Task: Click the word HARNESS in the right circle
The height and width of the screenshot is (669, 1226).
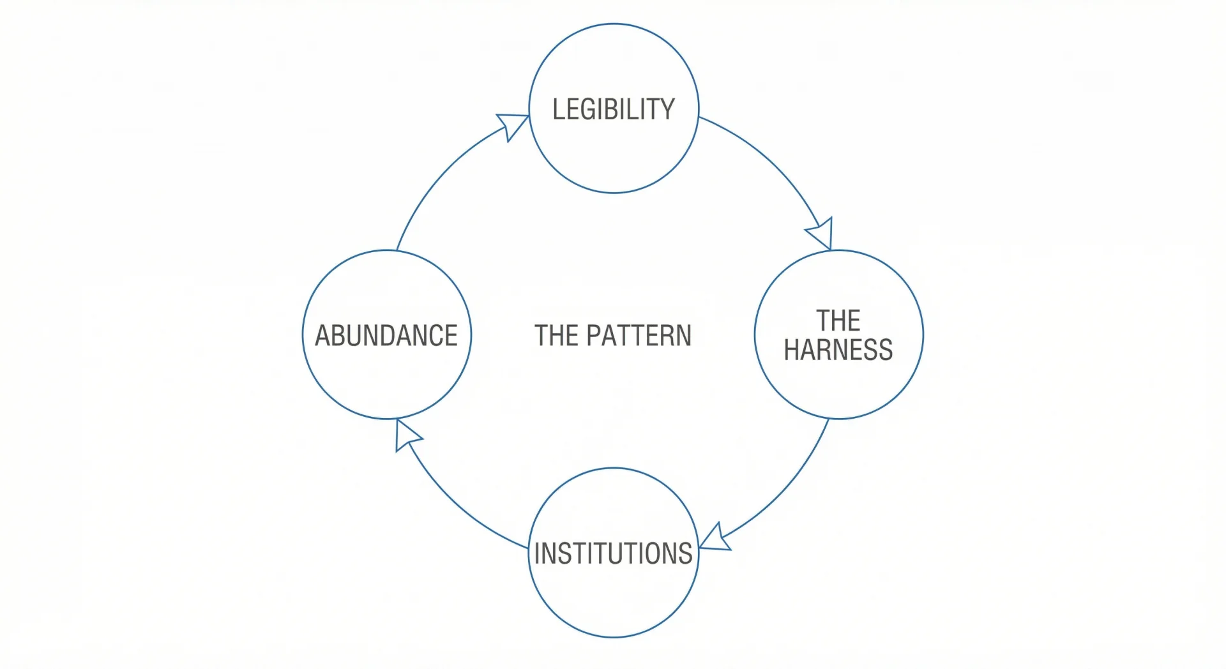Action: pos(838,350)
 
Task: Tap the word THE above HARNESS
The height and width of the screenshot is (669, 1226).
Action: pos(838,320)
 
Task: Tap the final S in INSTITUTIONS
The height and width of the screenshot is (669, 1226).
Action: pos(685,553)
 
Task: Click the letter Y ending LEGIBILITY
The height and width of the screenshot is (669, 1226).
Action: pos(667,109)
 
